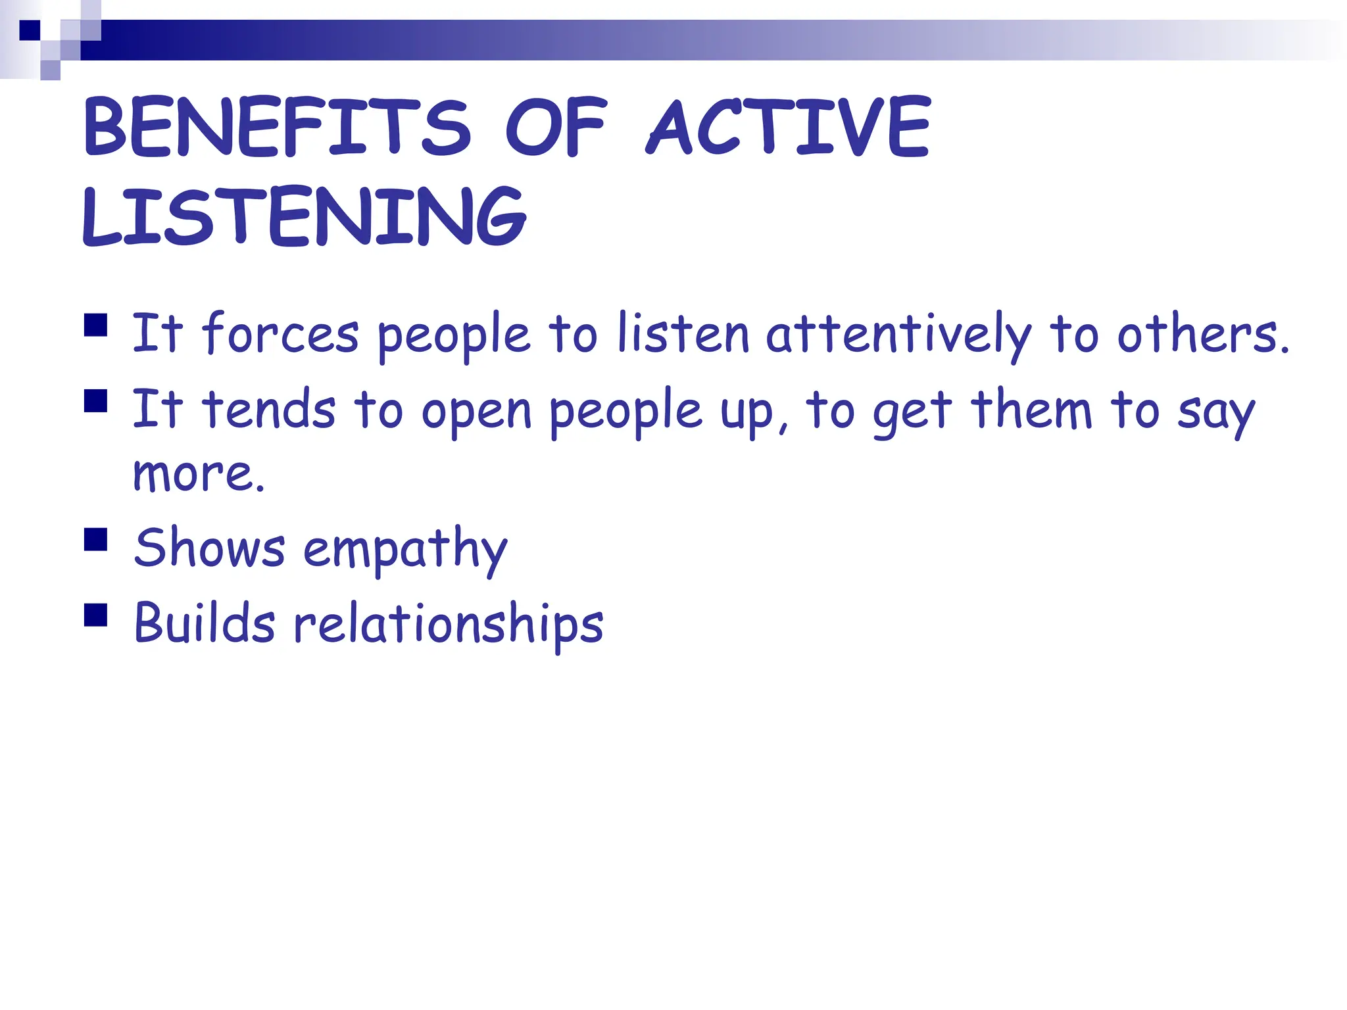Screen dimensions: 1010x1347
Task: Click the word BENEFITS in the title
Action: click(277, 126)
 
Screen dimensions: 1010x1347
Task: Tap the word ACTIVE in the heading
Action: click(789, 126)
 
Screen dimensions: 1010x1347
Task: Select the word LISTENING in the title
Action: click(304, 216)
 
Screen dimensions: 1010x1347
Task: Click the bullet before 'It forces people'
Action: click(96, 325)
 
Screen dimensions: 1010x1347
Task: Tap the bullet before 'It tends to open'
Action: click(96, 400)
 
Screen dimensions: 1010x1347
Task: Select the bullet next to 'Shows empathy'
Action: click(96, 539)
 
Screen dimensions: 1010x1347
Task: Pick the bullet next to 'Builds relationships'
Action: click(96, 615)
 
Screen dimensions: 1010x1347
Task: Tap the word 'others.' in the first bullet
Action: click(1203, 333)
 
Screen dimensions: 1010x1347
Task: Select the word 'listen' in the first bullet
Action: click(683, 333)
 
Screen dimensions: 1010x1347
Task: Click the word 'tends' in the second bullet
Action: click(269, 409)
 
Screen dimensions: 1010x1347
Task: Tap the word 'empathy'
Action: click(405, 549)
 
